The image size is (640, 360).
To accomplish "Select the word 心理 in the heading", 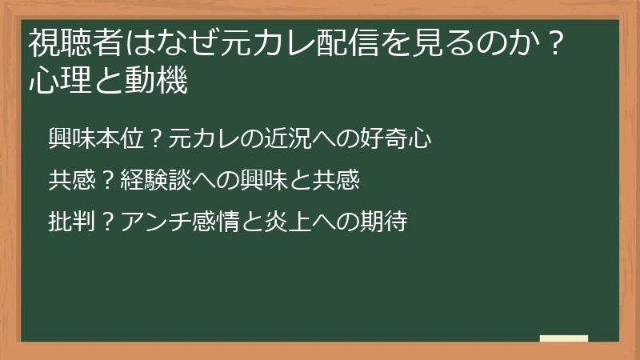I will point(54,80).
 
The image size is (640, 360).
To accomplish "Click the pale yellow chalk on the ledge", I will point(564,338).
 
